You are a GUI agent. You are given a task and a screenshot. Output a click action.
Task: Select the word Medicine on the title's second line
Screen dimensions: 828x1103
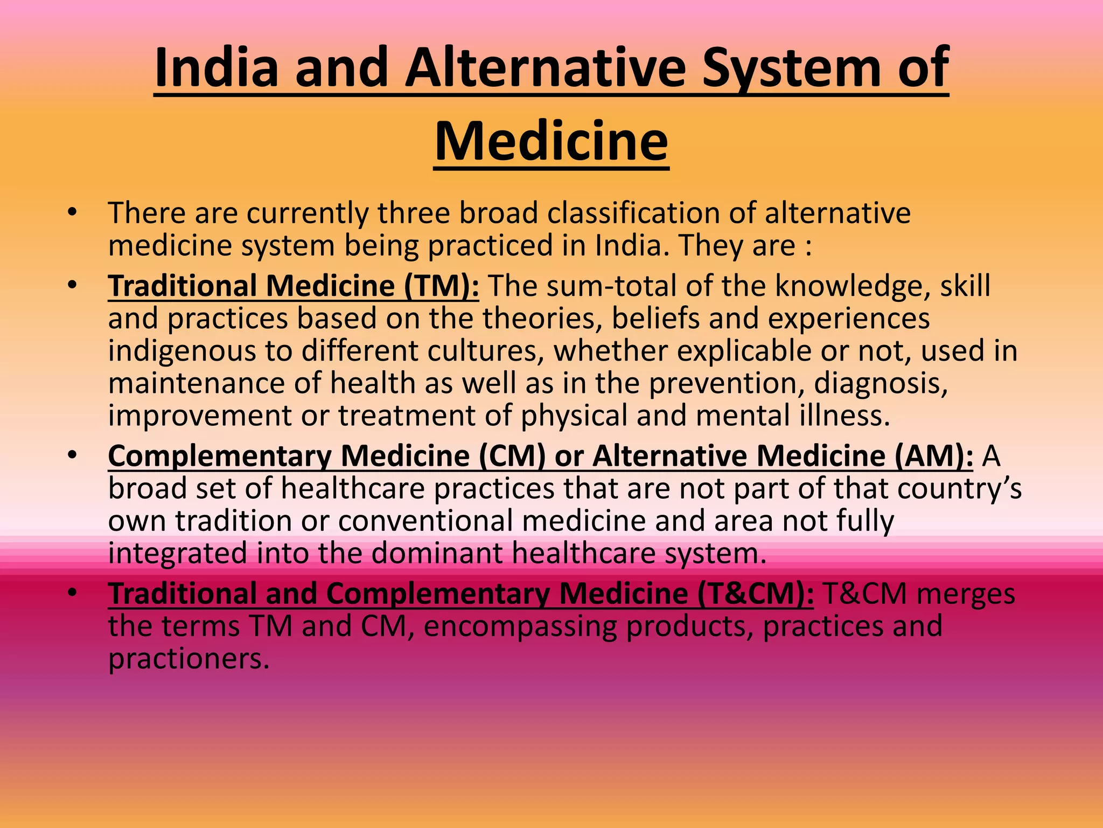(x=551, y=141)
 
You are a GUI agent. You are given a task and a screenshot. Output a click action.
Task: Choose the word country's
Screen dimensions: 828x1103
(x=959, y=489)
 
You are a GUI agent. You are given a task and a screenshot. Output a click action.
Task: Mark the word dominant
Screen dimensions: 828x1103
(x=437, y=554)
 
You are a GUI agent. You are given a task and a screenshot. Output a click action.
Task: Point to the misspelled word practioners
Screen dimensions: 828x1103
(x=189, y=659)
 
